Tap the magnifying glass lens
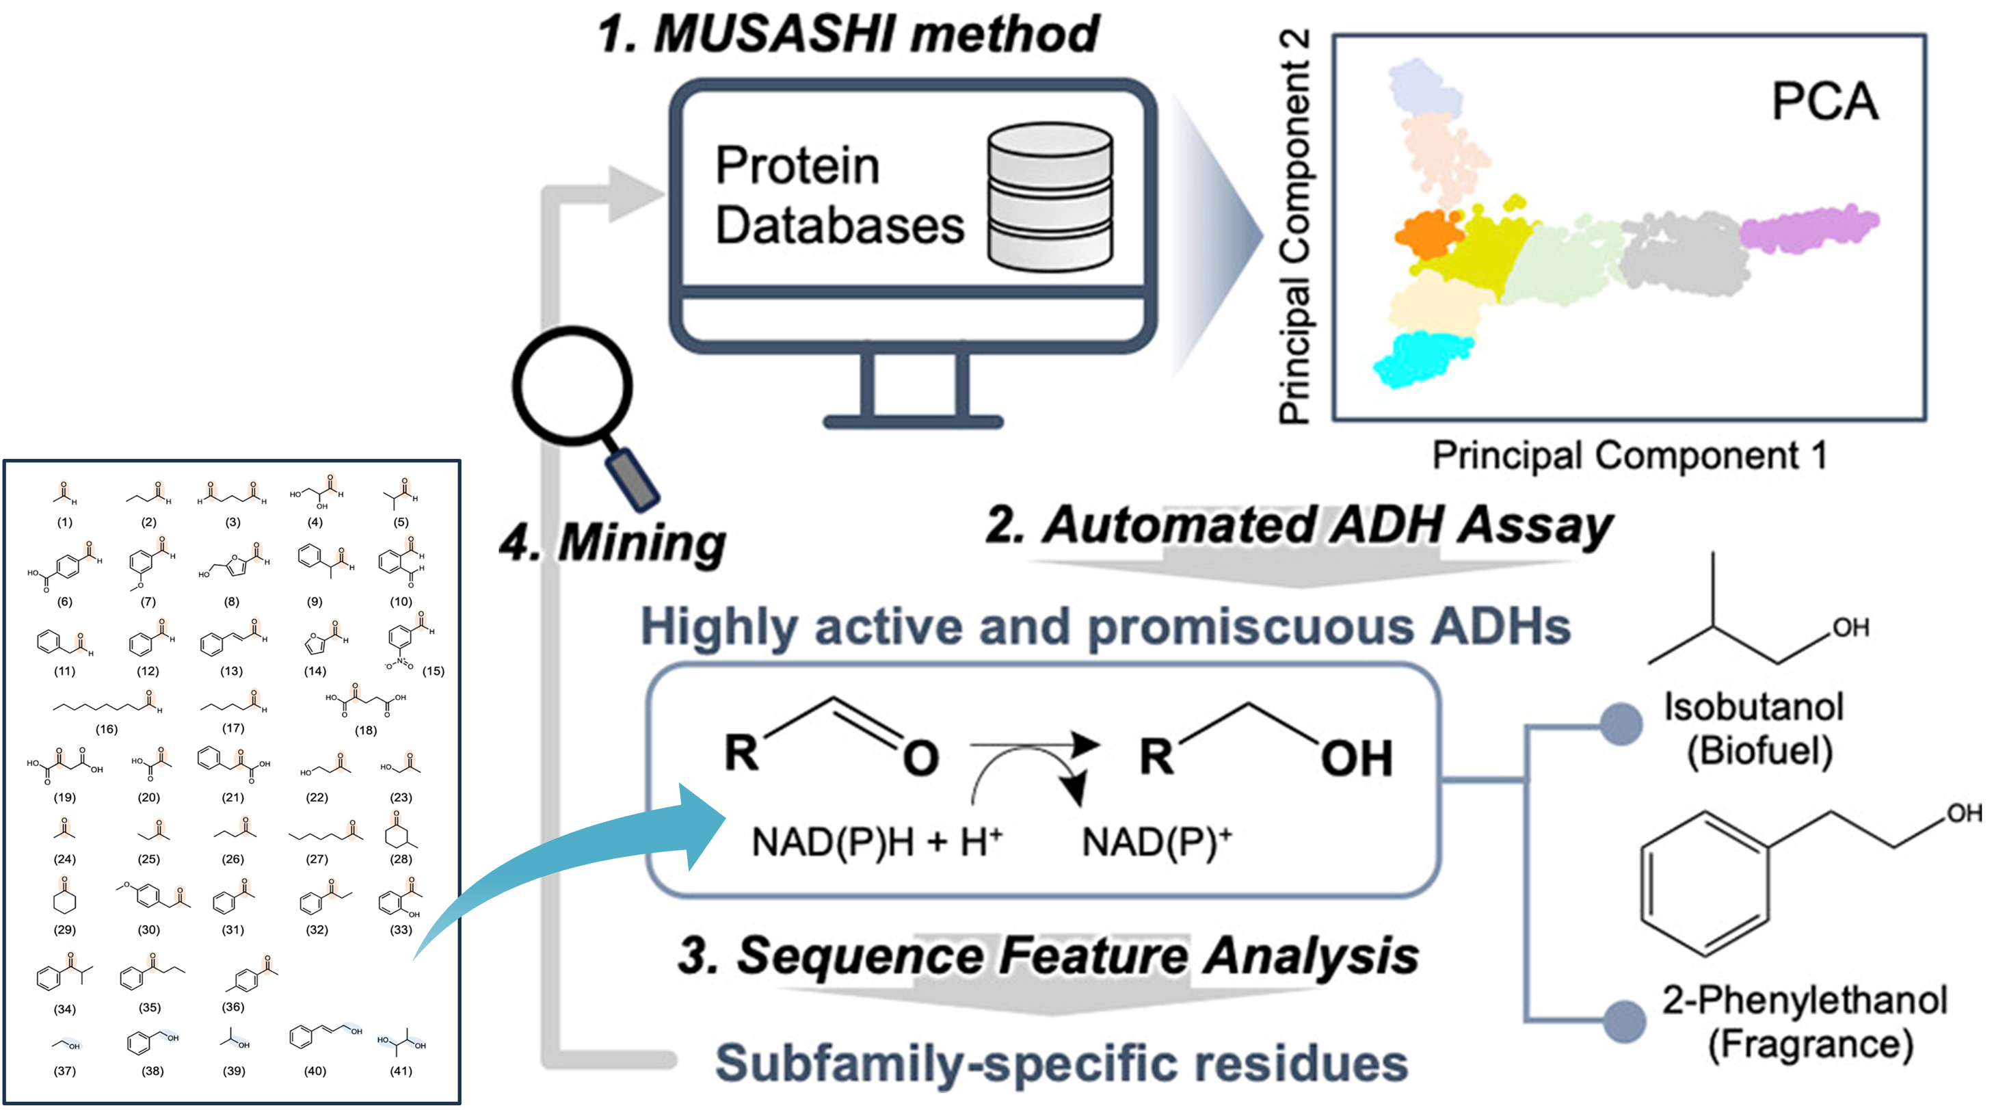pos(574,386)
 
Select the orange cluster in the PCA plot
pos(1428,234)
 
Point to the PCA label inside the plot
pos(1824,102)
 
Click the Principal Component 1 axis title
pos(1629,455)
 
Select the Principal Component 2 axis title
pos(1295,226)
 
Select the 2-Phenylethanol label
pos(1805,1000)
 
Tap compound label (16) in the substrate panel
pos(106,729)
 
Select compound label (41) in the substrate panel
pos(400,1071)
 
